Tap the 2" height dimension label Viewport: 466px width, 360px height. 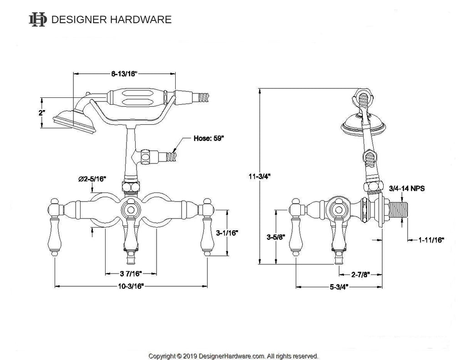pyautogui.click(x=41, y=112)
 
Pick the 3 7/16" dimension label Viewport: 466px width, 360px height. pyautogui.click(x=131, y=274)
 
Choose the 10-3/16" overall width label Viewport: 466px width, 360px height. pyautogui.click(x=131, y=287)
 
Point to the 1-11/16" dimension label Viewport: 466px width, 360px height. pyautogui.click(x=431, y=239)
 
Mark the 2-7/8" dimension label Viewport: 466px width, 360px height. pyautogui.click(x=360, y=274)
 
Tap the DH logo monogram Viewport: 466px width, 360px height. pyautogui.click(x=37, y=19)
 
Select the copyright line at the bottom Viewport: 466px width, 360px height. pyautogui.click(x=233, y=356)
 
